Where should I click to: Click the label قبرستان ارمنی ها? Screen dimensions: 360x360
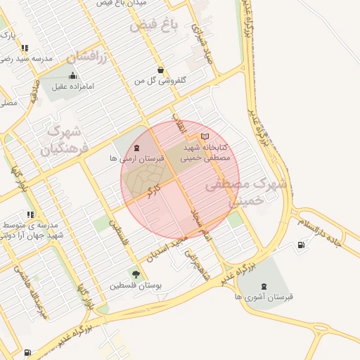[136, 160]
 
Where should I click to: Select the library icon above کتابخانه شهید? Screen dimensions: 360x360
[205, 136]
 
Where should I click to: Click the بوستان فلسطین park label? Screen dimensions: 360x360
[136, 286]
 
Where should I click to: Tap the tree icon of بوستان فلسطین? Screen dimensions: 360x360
[136, 274]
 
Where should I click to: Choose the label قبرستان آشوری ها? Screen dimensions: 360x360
[264, 297]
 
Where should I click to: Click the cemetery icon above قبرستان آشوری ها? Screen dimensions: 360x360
[264, 285]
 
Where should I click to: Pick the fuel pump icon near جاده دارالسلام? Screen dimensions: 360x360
[302, 245]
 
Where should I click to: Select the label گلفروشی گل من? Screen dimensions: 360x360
[161, 81]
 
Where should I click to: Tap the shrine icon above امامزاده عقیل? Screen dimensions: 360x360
[72, 76]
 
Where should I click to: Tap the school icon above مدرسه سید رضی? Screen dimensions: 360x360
[25, 49]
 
